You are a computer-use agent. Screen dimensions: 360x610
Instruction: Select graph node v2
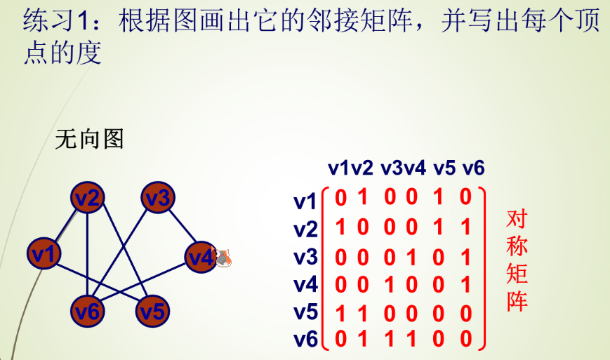(x=87, y=199)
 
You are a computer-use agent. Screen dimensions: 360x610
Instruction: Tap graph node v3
(x=157, y=199)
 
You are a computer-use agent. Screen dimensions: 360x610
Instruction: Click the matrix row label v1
(x=305, y=202)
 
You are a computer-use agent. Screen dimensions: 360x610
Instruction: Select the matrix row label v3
(x=305, y=257)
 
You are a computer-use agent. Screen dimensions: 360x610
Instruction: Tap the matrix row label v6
(x=305, y=340)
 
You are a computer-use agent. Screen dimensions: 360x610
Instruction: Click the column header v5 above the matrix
(x=444, y=168)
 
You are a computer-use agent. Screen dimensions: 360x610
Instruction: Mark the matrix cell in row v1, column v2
(x=362, y=197)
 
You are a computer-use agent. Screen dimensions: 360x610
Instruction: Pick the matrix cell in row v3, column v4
(x=411, y=258)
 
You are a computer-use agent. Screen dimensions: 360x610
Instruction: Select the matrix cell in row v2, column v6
(x=465, y=228)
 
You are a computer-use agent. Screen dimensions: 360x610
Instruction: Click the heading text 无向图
(x=89, y=139)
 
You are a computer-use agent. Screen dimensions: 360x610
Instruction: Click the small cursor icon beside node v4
(x=224, y=258)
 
